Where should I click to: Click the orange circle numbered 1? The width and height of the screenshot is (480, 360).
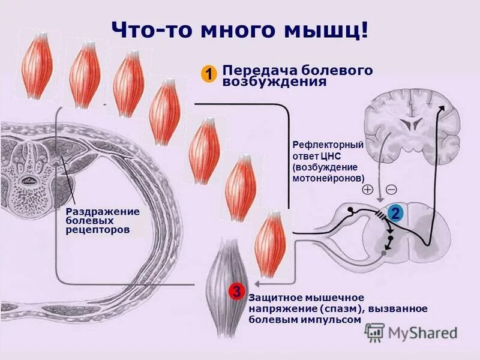point(208,74)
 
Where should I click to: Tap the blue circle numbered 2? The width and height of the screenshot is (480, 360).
point(395,212)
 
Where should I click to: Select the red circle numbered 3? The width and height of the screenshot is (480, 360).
point(237,292)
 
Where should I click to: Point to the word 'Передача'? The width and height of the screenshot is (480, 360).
point(251,70)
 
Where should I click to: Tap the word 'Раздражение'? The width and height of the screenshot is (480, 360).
point(103,211)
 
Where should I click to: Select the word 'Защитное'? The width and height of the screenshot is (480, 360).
point(271,298)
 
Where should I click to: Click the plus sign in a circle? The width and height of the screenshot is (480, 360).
point(367,190)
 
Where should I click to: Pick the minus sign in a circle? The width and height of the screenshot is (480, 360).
point(391,190)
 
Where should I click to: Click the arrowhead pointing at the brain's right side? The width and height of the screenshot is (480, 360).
point(443,108)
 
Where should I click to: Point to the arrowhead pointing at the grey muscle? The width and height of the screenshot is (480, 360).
point(256,282)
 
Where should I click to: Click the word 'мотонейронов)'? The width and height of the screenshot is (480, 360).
point(328,178)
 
